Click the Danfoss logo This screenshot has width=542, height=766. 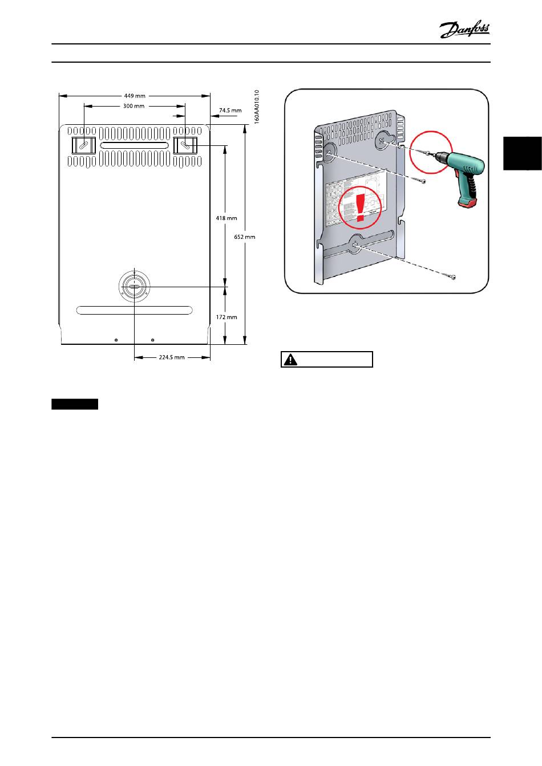coord(464,30)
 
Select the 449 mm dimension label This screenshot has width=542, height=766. coord(135,96)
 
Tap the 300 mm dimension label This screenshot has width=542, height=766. coord(134,106)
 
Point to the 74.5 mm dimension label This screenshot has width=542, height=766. coord(230,111)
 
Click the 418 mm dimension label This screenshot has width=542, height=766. coord(226,218)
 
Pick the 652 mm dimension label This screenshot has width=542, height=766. coord(245,237)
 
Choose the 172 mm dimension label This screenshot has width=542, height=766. coord(227,317)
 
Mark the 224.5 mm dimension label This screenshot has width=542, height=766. coord(172,357)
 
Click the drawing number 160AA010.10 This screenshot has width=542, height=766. coord(257,107)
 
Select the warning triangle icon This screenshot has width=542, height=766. coord(291,360)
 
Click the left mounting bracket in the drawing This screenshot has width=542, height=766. coord(83,145)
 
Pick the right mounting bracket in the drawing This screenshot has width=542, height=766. coord(185,145)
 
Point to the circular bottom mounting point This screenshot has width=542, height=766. coord(134,286)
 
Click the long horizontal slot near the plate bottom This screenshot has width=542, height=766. coord(134,310)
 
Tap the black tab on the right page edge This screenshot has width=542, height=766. coord(522,153)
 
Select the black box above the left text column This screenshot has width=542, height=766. coord(75,405)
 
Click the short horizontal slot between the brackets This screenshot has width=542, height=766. coord(134,146)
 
